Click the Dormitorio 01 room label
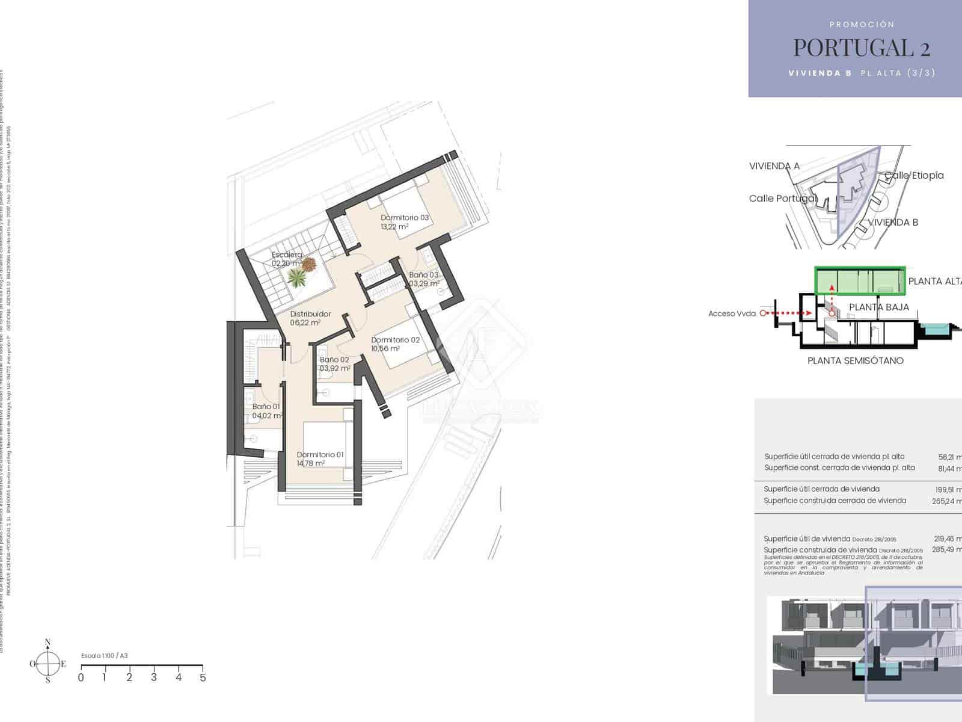pyautogui.click(x=320, y=455)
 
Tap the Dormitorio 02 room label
pyautogui.click(x=395, y=340)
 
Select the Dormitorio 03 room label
pyautogui.click(x=405, y=218)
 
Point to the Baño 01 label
pyautogui.click(x=266, y=407)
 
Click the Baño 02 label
pyautogui.click(x=334, y=360)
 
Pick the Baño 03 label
pyautogui.click(x=424, y=275)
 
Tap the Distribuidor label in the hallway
pyautogui.click(x=310, y=314)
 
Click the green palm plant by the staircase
pyautogui.click(x=297, y=277)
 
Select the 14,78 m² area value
pyautogui.click(x=311, y=464)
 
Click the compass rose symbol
pyautogui.click(x=47, y=664)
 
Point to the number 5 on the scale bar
pyautogui.click(x=203, y=677)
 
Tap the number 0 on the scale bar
pyautogui.click(x=81, y=677)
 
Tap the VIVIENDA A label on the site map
pyautogui.click(x=774, y=166)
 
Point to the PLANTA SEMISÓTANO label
pyautogui.click(x=855, y=361)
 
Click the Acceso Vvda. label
pyautogui.click(x=732, y=313)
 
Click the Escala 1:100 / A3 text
pyautogui.click(x=105, y=656)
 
